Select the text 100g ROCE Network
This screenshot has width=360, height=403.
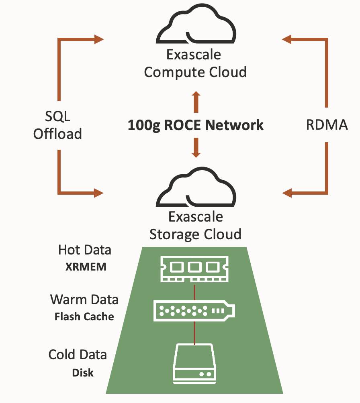point(196,125)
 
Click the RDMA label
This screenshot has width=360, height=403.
point(327,125)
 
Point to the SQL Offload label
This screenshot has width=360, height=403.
point(57,125)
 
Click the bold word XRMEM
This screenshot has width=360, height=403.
point(86,267)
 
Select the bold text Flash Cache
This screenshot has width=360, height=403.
point(84,317)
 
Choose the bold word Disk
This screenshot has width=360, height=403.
point(83,372)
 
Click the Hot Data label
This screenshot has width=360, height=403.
point(84,250)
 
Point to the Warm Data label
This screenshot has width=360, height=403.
point(84,300)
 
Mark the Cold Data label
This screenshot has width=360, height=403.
point(78,355)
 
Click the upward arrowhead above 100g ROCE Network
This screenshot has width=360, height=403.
point(196,96)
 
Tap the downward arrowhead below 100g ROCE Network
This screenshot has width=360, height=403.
point(196,154)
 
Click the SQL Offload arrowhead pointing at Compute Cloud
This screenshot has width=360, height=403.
point(99,39)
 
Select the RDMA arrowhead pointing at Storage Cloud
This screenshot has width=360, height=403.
point(286,193)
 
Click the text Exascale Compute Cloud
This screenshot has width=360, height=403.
point(195,63)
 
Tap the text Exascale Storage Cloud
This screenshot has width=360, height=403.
point(195,225)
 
